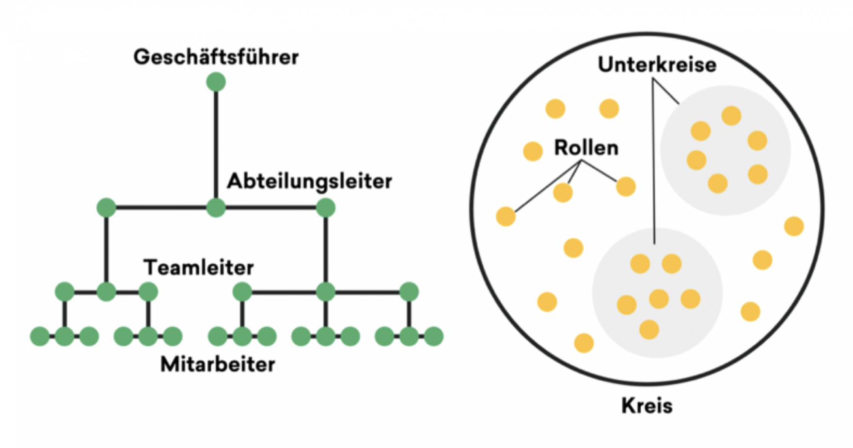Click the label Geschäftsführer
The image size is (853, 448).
tap(216, 57)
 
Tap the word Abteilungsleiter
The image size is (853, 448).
tap(309, 181)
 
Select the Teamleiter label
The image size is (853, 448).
tap(198, 268)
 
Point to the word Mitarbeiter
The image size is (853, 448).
tap(218, 365)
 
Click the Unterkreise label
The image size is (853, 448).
tap(657, 65)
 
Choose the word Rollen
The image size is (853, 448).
tap(586, 148)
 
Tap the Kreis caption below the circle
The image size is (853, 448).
tap(647, 405)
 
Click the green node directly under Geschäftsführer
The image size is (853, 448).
tap(216, 82)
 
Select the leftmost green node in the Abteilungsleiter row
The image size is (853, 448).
tap(106, 208)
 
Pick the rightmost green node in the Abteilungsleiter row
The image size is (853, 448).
tap(326, 208)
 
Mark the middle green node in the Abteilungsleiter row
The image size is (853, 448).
tap(216, 208)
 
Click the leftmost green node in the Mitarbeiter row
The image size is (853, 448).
tap(40, 336)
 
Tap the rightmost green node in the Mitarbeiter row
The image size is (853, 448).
tap(434, 336)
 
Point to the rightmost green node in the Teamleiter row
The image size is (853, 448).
tap(409, 292)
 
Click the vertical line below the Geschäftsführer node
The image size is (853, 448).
tap(216, 145)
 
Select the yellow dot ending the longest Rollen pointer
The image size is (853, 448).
tap(505, 216)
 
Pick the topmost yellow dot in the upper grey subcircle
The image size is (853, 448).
tap(731, 116)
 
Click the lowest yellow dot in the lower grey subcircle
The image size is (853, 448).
tap(649, 330)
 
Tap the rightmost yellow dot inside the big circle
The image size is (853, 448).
tap(794, 226)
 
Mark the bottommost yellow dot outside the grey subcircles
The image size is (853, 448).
tap(584, 343)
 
